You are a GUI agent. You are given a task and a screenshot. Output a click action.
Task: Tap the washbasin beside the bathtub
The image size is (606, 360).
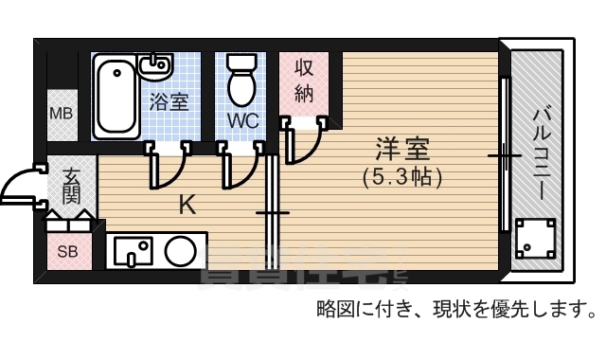(153, 66)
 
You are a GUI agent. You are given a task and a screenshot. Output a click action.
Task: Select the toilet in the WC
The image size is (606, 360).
(242, 80)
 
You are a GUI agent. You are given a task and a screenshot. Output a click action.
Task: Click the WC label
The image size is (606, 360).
(242, 121)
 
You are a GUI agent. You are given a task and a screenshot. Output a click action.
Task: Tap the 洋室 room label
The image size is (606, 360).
(402, 149)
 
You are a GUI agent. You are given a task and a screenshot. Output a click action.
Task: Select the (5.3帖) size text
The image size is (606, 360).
(402, 175)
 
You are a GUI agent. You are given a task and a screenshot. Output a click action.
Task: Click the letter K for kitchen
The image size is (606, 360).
(187, 204)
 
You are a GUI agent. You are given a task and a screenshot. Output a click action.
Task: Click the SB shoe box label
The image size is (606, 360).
(67, 252)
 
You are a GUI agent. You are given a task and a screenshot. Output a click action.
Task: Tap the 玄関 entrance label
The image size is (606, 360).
(72, 187)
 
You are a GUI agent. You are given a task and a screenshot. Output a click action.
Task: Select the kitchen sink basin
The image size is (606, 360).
(134, 251)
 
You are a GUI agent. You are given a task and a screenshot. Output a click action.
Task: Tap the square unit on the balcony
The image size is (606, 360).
(536, 239)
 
